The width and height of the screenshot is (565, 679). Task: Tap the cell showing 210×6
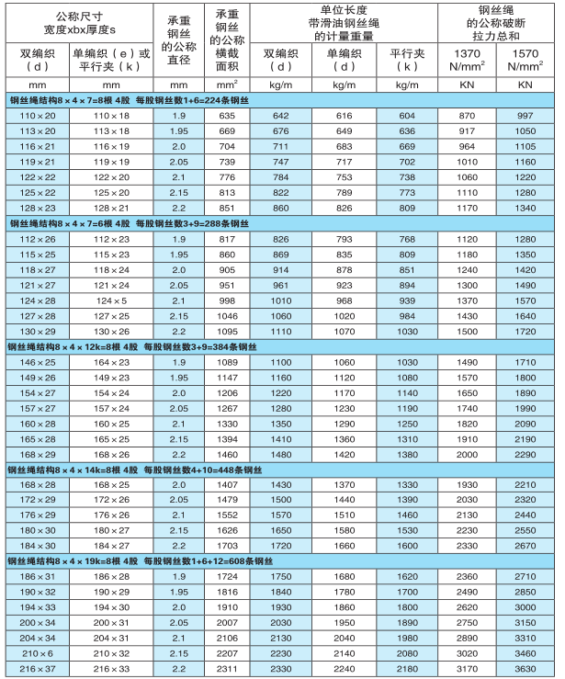38,651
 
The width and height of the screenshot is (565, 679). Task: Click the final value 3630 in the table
525,667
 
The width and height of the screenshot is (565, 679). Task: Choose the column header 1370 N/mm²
467,61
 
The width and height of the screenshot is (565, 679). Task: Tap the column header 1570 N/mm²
525,61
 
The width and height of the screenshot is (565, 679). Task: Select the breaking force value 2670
525,546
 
